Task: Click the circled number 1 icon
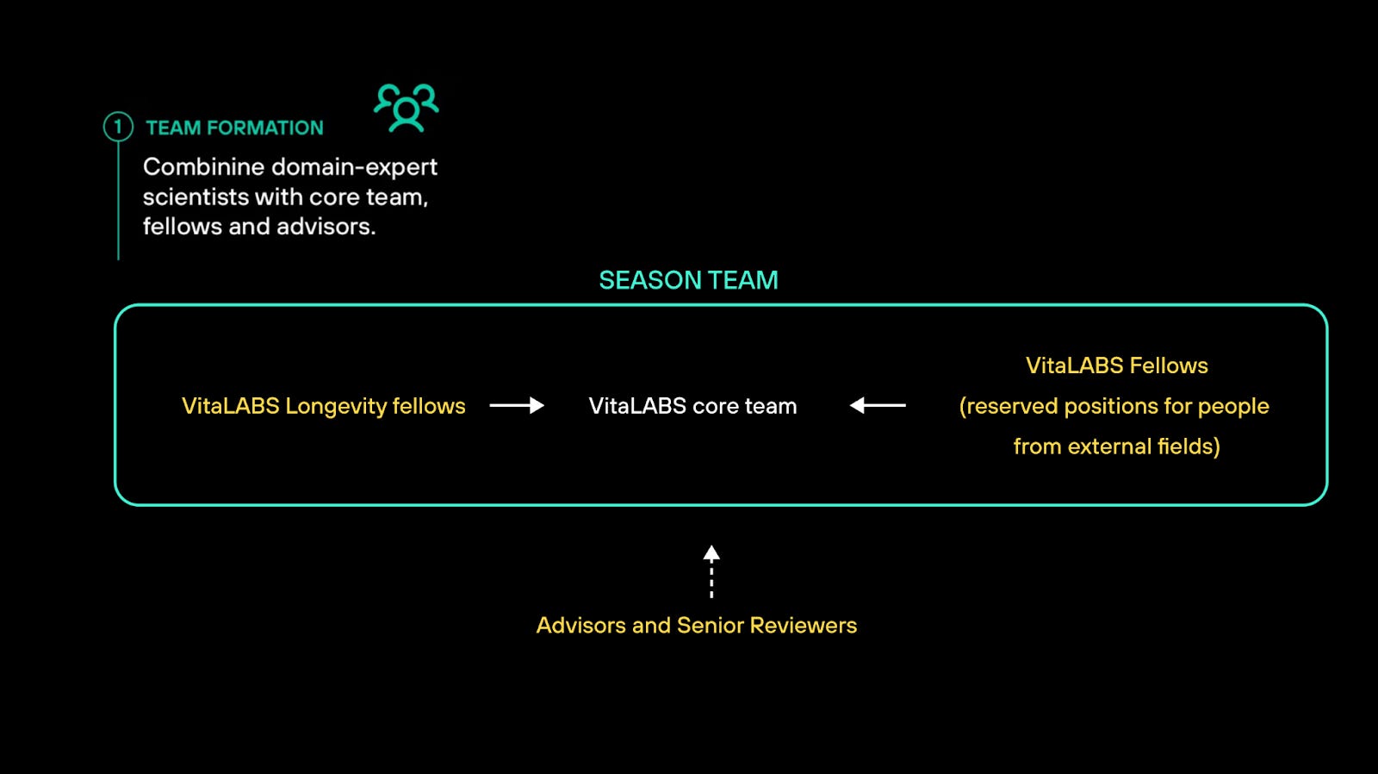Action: [118, 127]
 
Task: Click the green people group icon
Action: [406, 108]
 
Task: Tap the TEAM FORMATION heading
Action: [234, 128]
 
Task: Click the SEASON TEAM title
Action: [688, 280]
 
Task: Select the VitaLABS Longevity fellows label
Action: [323, 406]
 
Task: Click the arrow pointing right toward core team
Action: [517, 405]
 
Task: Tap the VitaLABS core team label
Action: [692, 406]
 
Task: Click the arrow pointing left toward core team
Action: [878, 405]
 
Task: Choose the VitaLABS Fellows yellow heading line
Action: [1116, 365]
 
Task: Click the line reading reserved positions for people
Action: [1114, 406]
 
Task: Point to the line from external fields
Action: [1116, 446]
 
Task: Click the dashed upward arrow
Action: [711, 571]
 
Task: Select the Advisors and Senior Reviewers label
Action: [696, 625]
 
